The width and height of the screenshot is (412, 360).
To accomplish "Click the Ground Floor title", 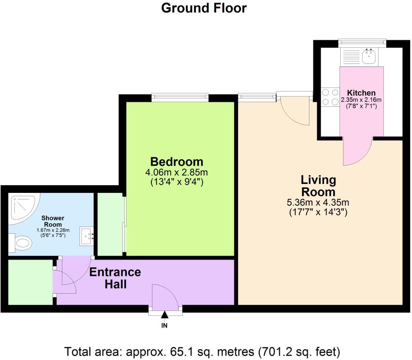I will coord(204,8).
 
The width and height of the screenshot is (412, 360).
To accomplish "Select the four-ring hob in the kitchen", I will coord(330,97).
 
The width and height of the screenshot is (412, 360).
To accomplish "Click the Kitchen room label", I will coord(361,93).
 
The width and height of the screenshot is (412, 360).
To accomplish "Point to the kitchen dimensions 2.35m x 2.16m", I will coord(361,100).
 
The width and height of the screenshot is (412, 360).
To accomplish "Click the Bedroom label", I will coord(177,161).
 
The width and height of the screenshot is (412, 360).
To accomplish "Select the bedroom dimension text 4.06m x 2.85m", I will coord(177,172).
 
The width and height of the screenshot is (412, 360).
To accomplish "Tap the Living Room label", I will coord(318,186).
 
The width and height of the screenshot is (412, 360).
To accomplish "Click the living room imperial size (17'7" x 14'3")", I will coord(318,212).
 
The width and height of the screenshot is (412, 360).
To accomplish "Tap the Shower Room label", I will coord(53,221).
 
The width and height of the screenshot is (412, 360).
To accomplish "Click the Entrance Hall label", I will coord(115,278).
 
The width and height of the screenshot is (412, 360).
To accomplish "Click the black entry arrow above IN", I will coord(165,315).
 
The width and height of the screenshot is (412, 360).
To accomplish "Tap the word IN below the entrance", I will coord(164,325).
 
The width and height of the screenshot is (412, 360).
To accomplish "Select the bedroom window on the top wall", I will coord(180,97).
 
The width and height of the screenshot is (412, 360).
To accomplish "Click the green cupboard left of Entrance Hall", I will coord(30,282).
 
